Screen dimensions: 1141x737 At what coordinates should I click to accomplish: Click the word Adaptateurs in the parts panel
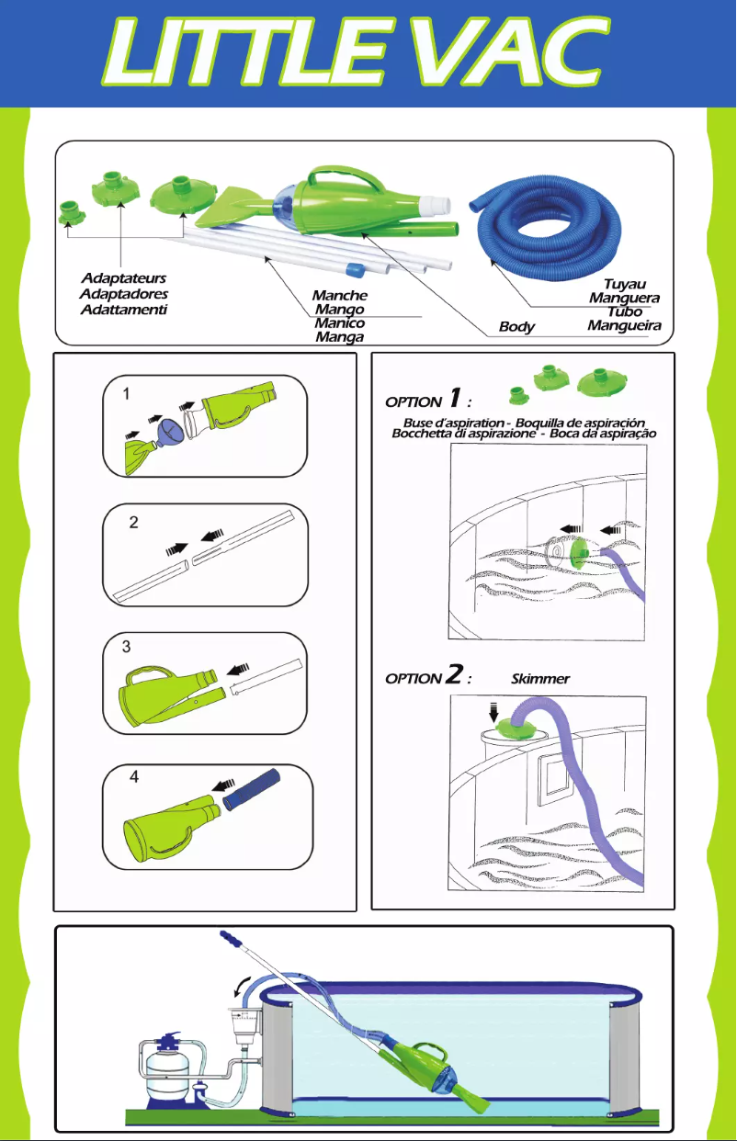123,277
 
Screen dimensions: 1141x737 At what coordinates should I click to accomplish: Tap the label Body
516,327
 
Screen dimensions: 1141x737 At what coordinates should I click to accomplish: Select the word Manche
339,296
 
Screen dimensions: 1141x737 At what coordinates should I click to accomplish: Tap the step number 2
133,522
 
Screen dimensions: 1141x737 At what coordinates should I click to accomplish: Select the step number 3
128,647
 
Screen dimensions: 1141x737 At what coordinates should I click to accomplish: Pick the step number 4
134,776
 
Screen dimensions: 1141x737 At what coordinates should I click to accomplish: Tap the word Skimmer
540,679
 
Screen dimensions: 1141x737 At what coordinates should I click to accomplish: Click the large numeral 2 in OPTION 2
453,676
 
